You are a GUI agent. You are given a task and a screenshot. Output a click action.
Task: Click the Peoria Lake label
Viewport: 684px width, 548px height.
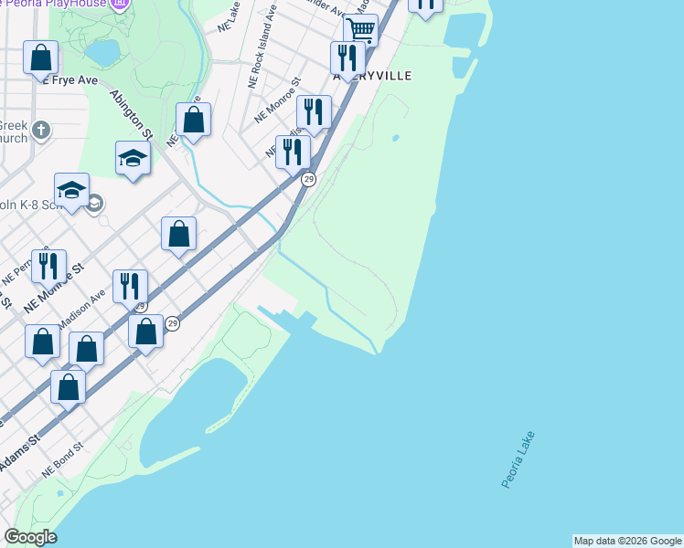point(518,459)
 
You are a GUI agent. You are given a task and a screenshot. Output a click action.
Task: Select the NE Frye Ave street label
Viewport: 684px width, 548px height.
point(68,80)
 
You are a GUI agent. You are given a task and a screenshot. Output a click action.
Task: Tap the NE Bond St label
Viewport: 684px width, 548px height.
point(62,460)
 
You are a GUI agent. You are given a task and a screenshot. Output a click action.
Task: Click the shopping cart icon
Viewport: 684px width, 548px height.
point(361,30)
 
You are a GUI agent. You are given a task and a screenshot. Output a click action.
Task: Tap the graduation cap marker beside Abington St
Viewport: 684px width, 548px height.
point(133,159)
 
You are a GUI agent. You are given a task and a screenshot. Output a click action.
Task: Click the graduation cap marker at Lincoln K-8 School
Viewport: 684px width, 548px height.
point(71,190)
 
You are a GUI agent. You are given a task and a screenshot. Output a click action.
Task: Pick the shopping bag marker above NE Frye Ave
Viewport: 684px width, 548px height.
point(41,58)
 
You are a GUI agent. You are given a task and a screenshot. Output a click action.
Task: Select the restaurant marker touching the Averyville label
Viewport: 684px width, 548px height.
point(347,58)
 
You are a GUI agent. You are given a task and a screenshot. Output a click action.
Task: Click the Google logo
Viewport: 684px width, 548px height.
point(30,537)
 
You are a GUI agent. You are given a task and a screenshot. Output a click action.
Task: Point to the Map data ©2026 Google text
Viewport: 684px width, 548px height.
point(627,541)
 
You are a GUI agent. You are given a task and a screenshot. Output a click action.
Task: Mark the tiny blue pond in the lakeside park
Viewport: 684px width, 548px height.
point(395,139)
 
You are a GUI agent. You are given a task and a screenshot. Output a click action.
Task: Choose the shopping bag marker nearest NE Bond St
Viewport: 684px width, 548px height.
point(69,387)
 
